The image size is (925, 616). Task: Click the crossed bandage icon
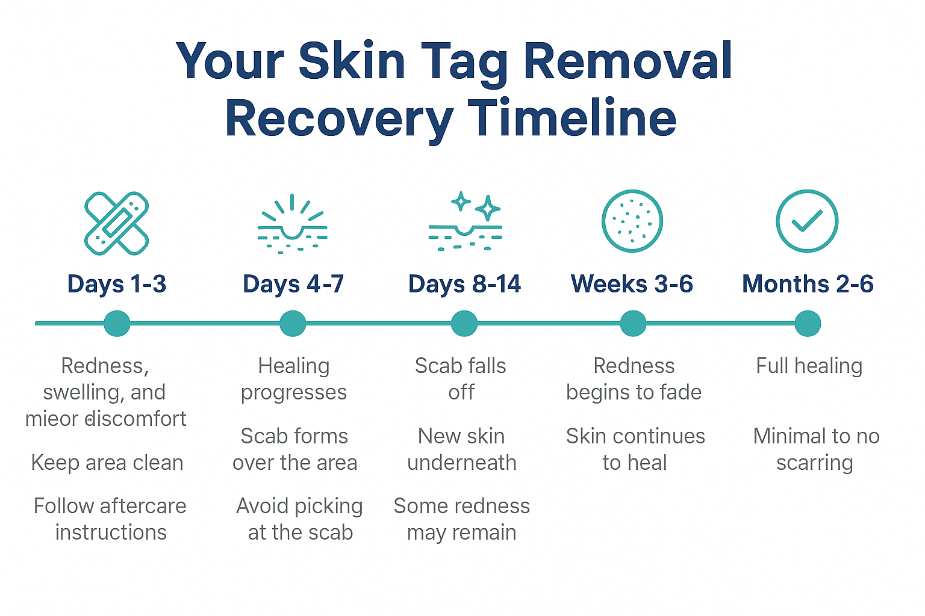click(x=116, y=223)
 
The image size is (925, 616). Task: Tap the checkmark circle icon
click(x=807, y=221)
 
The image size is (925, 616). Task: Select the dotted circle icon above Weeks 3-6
click(x=632, y=221)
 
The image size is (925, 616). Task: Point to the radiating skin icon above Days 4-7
click(x=292, y=224)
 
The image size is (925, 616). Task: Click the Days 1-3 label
click(x=116, y=284)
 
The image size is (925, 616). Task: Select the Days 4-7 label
click(x=293, y=284)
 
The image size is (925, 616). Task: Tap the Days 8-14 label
click(x=464, y=284)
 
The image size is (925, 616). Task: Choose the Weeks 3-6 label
click(x=632, y=284)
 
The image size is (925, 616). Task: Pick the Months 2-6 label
click(x=808, y=284)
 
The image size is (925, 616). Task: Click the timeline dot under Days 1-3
click(x=117, y=324)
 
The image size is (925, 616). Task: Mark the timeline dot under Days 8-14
click(x=464, y=324)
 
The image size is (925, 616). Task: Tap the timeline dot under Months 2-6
click(x=808, y=324)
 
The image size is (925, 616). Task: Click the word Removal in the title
click(x=628, y=61)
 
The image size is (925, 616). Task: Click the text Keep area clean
click(x=107, y=463)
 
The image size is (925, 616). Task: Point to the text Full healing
click(x=809, y=366)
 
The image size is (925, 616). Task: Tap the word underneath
click(x=462, y=463)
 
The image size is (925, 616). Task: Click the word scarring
click(x=814, y=463)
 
